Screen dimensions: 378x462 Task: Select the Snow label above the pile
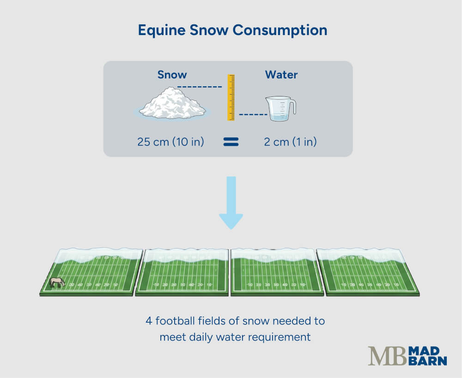(x=172, y=75)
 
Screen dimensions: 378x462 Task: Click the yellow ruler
(x=231, y=97)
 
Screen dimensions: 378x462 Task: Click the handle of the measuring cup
(x=292, y=107)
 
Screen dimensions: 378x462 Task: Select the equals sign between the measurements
(x=231, y=142)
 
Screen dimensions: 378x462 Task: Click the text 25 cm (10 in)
(x=170, y=142)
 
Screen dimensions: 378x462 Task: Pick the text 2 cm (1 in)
(x=290, y=142)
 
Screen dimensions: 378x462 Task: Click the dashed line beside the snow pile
(x=200, y=87)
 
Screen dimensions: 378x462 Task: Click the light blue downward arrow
(x=231, y=203)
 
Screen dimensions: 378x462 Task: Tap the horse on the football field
(x=57, y=282)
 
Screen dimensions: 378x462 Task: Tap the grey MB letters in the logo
(x=388, y=355)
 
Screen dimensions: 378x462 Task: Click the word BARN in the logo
(x=428, y=360)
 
